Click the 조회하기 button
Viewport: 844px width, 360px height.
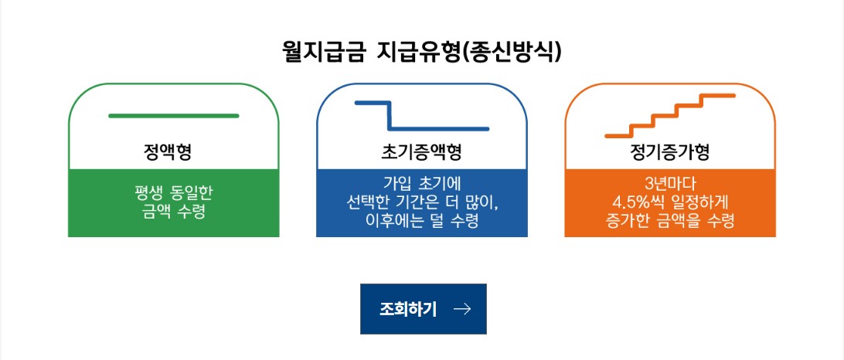point(423,309)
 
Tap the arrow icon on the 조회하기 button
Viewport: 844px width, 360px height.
point(462,310)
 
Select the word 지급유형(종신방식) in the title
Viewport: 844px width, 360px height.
point(469,52)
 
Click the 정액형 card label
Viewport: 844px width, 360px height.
point(172,151)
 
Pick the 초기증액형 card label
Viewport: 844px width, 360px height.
point(421,151)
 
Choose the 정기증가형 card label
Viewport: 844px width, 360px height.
point(670,151)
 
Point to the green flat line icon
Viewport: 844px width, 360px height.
point(173,116)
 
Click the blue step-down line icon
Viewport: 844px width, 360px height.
point(421,116)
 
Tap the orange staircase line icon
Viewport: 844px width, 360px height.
point(669,115)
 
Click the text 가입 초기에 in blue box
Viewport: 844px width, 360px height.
point(421,184)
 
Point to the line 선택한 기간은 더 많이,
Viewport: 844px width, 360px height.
point(421,202)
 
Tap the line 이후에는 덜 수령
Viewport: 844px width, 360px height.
point(421,222)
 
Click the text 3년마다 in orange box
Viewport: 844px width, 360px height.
point(669,184)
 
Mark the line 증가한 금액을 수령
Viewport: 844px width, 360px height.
point(669,222)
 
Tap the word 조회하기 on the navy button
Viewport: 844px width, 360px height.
point(408,310)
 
